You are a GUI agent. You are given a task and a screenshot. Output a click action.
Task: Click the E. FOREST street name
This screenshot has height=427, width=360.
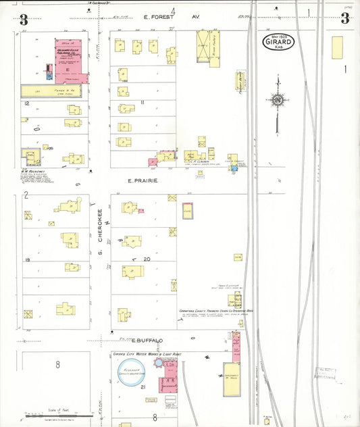(x=153, y=16)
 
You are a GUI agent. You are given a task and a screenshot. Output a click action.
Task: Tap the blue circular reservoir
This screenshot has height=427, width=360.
(x=132, y=370)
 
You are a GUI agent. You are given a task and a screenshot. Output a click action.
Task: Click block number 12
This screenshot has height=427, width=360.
(x=26, y=103)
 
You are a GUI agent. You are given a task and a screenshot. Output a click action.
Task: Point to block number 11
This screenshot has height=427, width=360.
(x=142, y=102)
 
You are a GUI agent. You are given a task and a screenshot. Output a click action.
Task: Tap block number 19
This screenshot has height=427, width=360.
(x=28, y=259)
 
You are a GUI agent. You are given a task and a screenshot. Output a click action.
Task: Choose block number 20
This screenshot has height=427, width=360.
(x=147, y=259)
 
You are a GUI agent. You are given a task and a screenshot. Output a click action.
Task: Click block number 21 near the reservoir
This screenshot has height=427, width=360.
(x=143, y=386)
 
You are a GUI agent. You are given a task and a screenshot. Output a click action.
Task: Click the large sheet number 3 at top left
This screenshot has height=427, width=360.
(x=24, y=19)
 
